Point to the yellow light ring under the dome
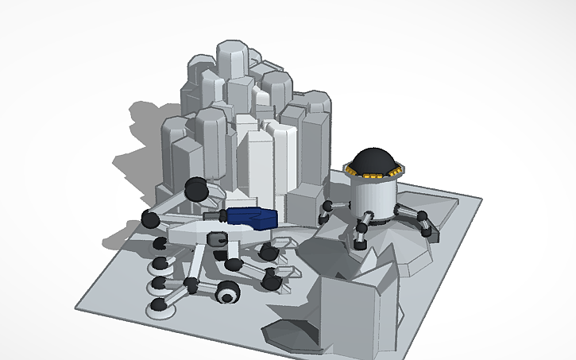point(376,174)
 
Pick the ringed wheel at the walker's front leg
point(228,295)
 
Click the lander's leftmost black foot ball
point(326,207)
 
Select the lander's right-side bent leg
point(419,220)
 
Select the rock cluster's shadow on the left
point(139,151)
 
